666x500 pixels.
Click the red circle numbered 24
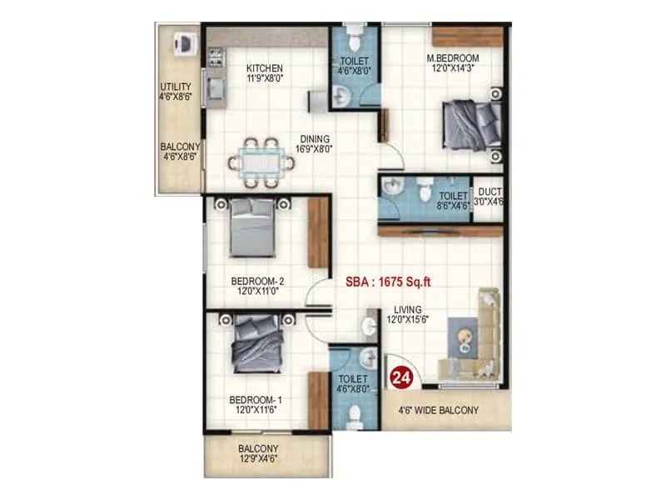tap(401, 377)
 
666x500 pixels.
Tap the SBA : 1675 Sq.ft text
tap(387, 282)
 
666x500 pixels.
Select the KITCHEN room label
tap(266, 67)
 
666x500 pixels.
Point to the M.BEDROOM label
tap(453, 57)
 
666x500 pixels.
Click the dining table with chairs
tap(261, 160)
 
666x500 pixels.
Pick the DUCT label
tap(489, 191)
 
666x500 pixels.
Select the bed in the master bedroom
tap(470, 124)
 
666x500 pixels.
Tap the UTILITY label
tap(176, 86)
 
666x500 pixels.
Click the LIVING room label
tap(408, 309)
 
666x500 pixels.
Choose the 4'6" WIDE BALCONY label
tap(438, 410)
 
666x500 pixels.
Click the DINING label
tap(316, 139)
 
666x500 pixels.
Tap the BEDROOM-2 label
tap(254, 281)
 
